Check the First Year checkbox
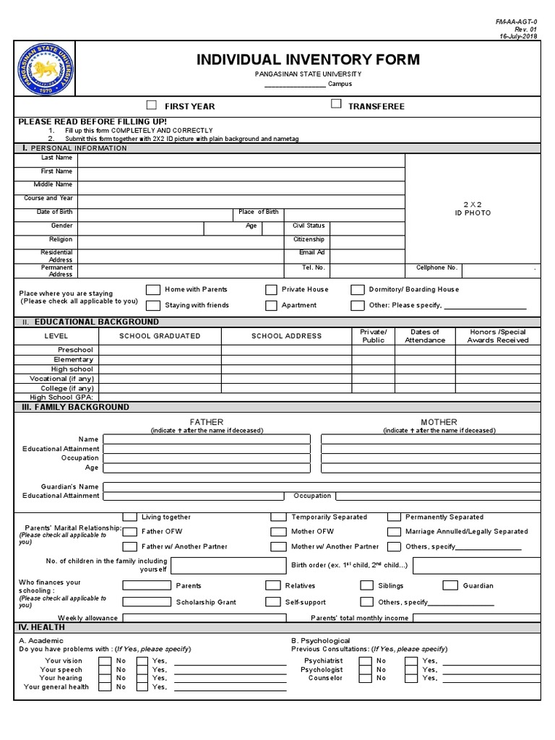[x=152, y=105]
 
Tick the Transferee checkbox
[x=336, y=104]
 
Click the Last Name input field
[x=241, y=158]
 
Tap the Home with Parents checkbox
[x=152, y=290]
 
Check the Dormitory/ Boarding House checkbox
[x=357, y=290]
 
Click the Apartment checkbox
[x=271, y=306]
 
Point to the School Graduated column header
[x=160, y=336]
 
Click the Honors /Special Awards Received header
[x=497, y=336]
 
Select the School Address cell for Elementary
[x=286, y=360]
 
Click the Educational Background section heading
[x=96, y=322]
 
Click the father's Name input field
[x=207, y=439]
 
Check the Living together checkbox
[x=129, y=517]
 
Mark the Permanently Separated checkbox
[x=394, y=517]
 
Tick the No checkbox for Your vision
[x=105, y=661]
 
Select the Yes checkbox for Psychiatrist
[x=411, y=661]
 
